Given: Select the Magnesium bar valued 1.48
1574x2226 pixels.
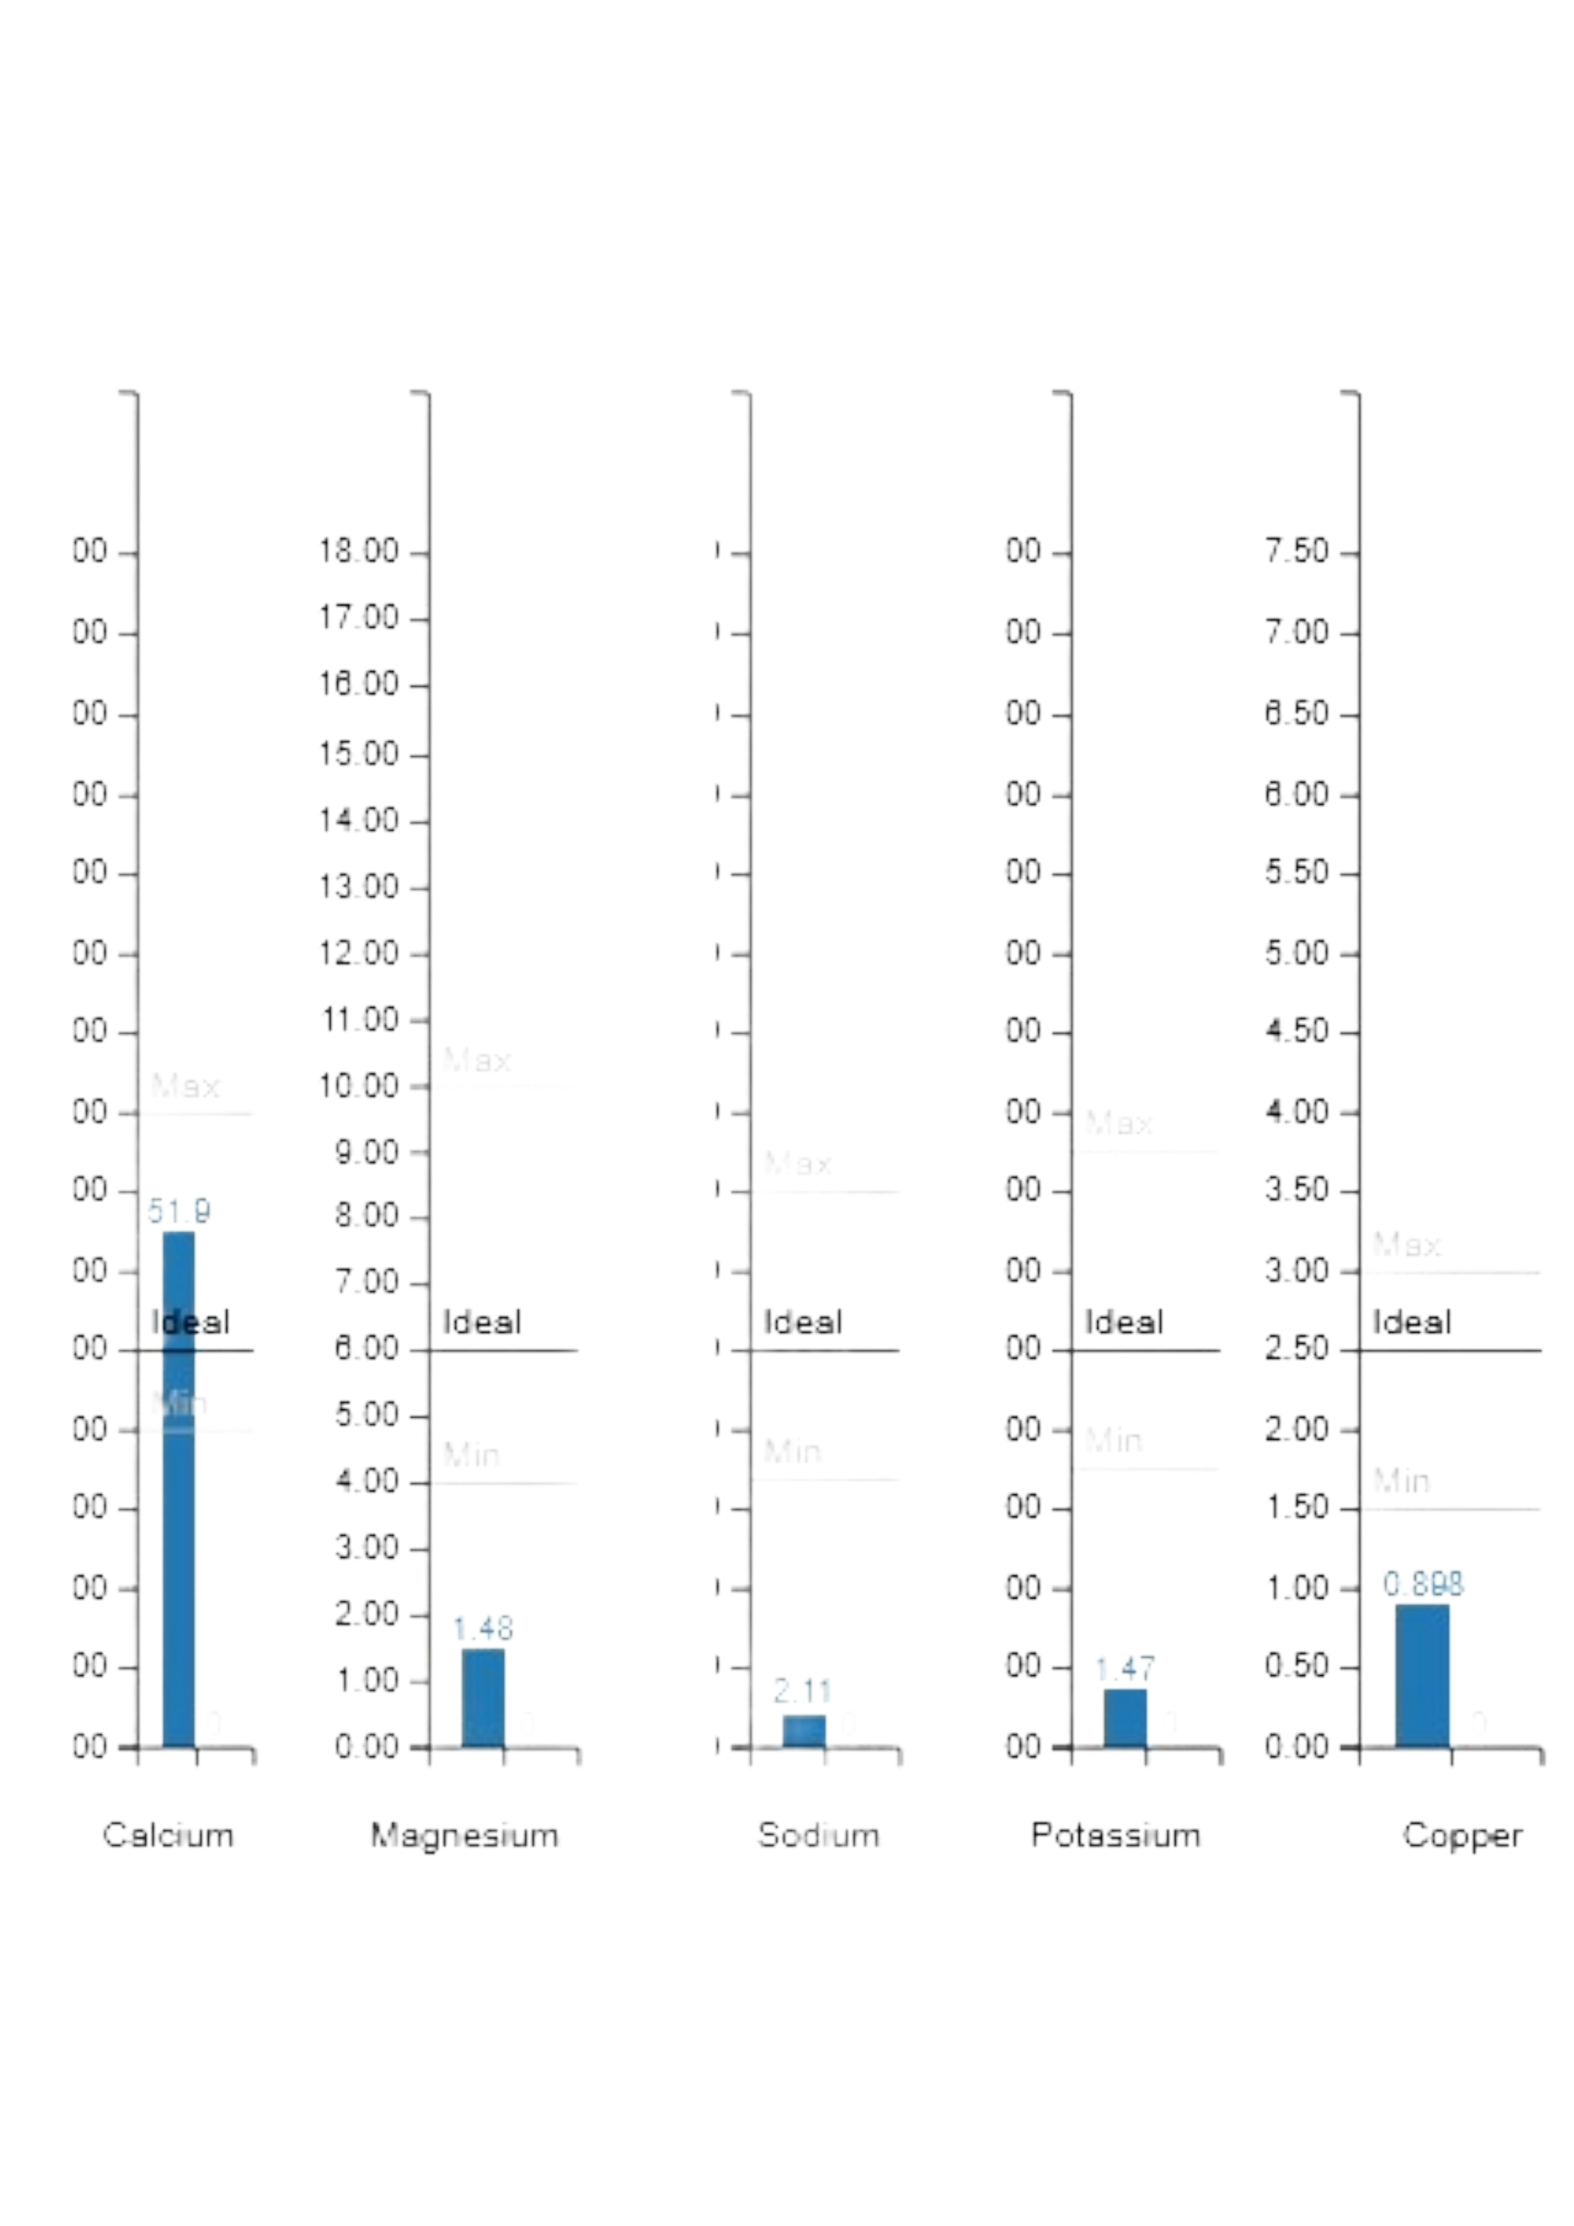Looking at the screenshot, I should tap(483, 1697).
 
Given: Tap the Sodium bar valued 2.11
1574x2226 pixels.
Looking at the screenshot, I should tap(803, 1730).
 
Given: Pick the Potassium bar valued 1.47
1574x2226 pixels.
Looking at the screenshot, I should tap(1124, 1717).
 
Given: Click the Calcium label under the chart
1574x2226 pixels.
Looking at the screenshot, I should tap(169, 1835).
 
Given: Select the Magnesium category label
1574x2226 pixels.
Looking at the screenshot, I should tap(464, 1835).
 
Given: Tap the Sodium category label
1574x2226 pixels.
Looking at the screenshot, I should tap(818, 1835).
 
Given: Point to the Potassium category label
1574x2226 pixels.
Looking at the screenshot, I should tap(1115, 1835).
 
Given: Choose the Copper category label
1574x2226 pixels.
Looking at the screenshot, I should tap(1462, 1835).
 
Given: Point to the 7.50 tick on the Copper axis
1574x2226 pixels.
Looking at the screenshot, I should tap(1296, 551).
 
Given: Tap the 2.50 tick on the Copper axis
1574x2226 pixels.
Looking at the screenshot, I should tap(1296, 1348).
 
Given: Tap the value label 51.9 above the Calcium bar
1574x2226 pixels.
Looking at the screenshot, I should tap(178, 1211).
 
